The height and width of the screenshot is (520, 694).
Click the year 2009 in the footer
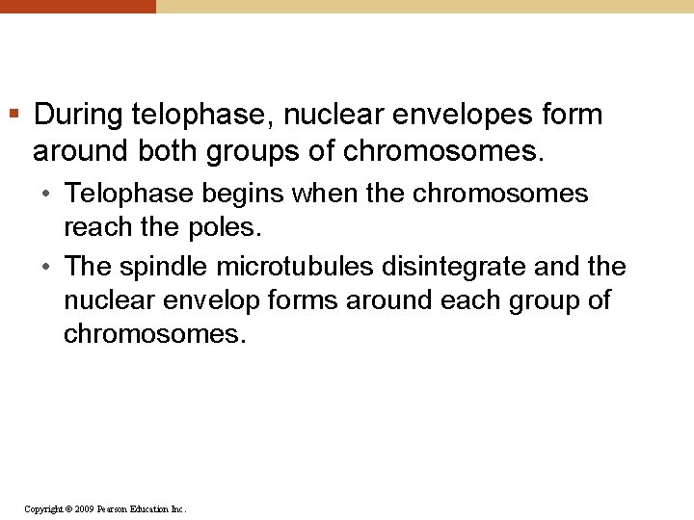click(x=83, y=508)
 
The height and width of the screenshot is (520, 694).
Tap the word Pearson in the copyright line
click(x=118, y=508)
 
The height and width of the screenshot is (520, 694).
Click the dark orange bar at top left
click(x=77, y=6)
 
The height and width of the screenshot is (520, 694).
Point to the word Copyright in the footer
click(x=43, y=508)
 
